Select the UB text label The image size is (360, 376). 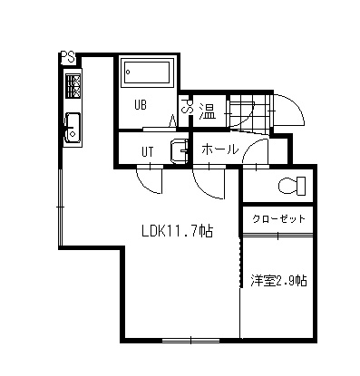coord(142,104)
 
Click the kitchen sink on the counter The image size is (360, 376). coord(72,129)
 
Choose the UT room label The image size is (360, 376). coord(148,150)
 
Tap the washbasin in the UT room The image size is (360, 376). coord(180,149)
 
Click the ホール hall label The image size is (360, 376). coord(219,149)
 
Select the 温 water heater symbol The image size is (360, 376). coord(207,111)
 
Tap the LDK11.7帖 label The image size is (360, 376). coord(176,231)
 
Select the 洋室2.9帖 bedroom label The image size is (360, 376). coord(278,281)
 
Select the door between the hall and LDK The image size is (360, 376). coord(208,181)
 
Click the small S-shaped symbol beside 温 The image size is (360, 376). coord(188,110)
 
